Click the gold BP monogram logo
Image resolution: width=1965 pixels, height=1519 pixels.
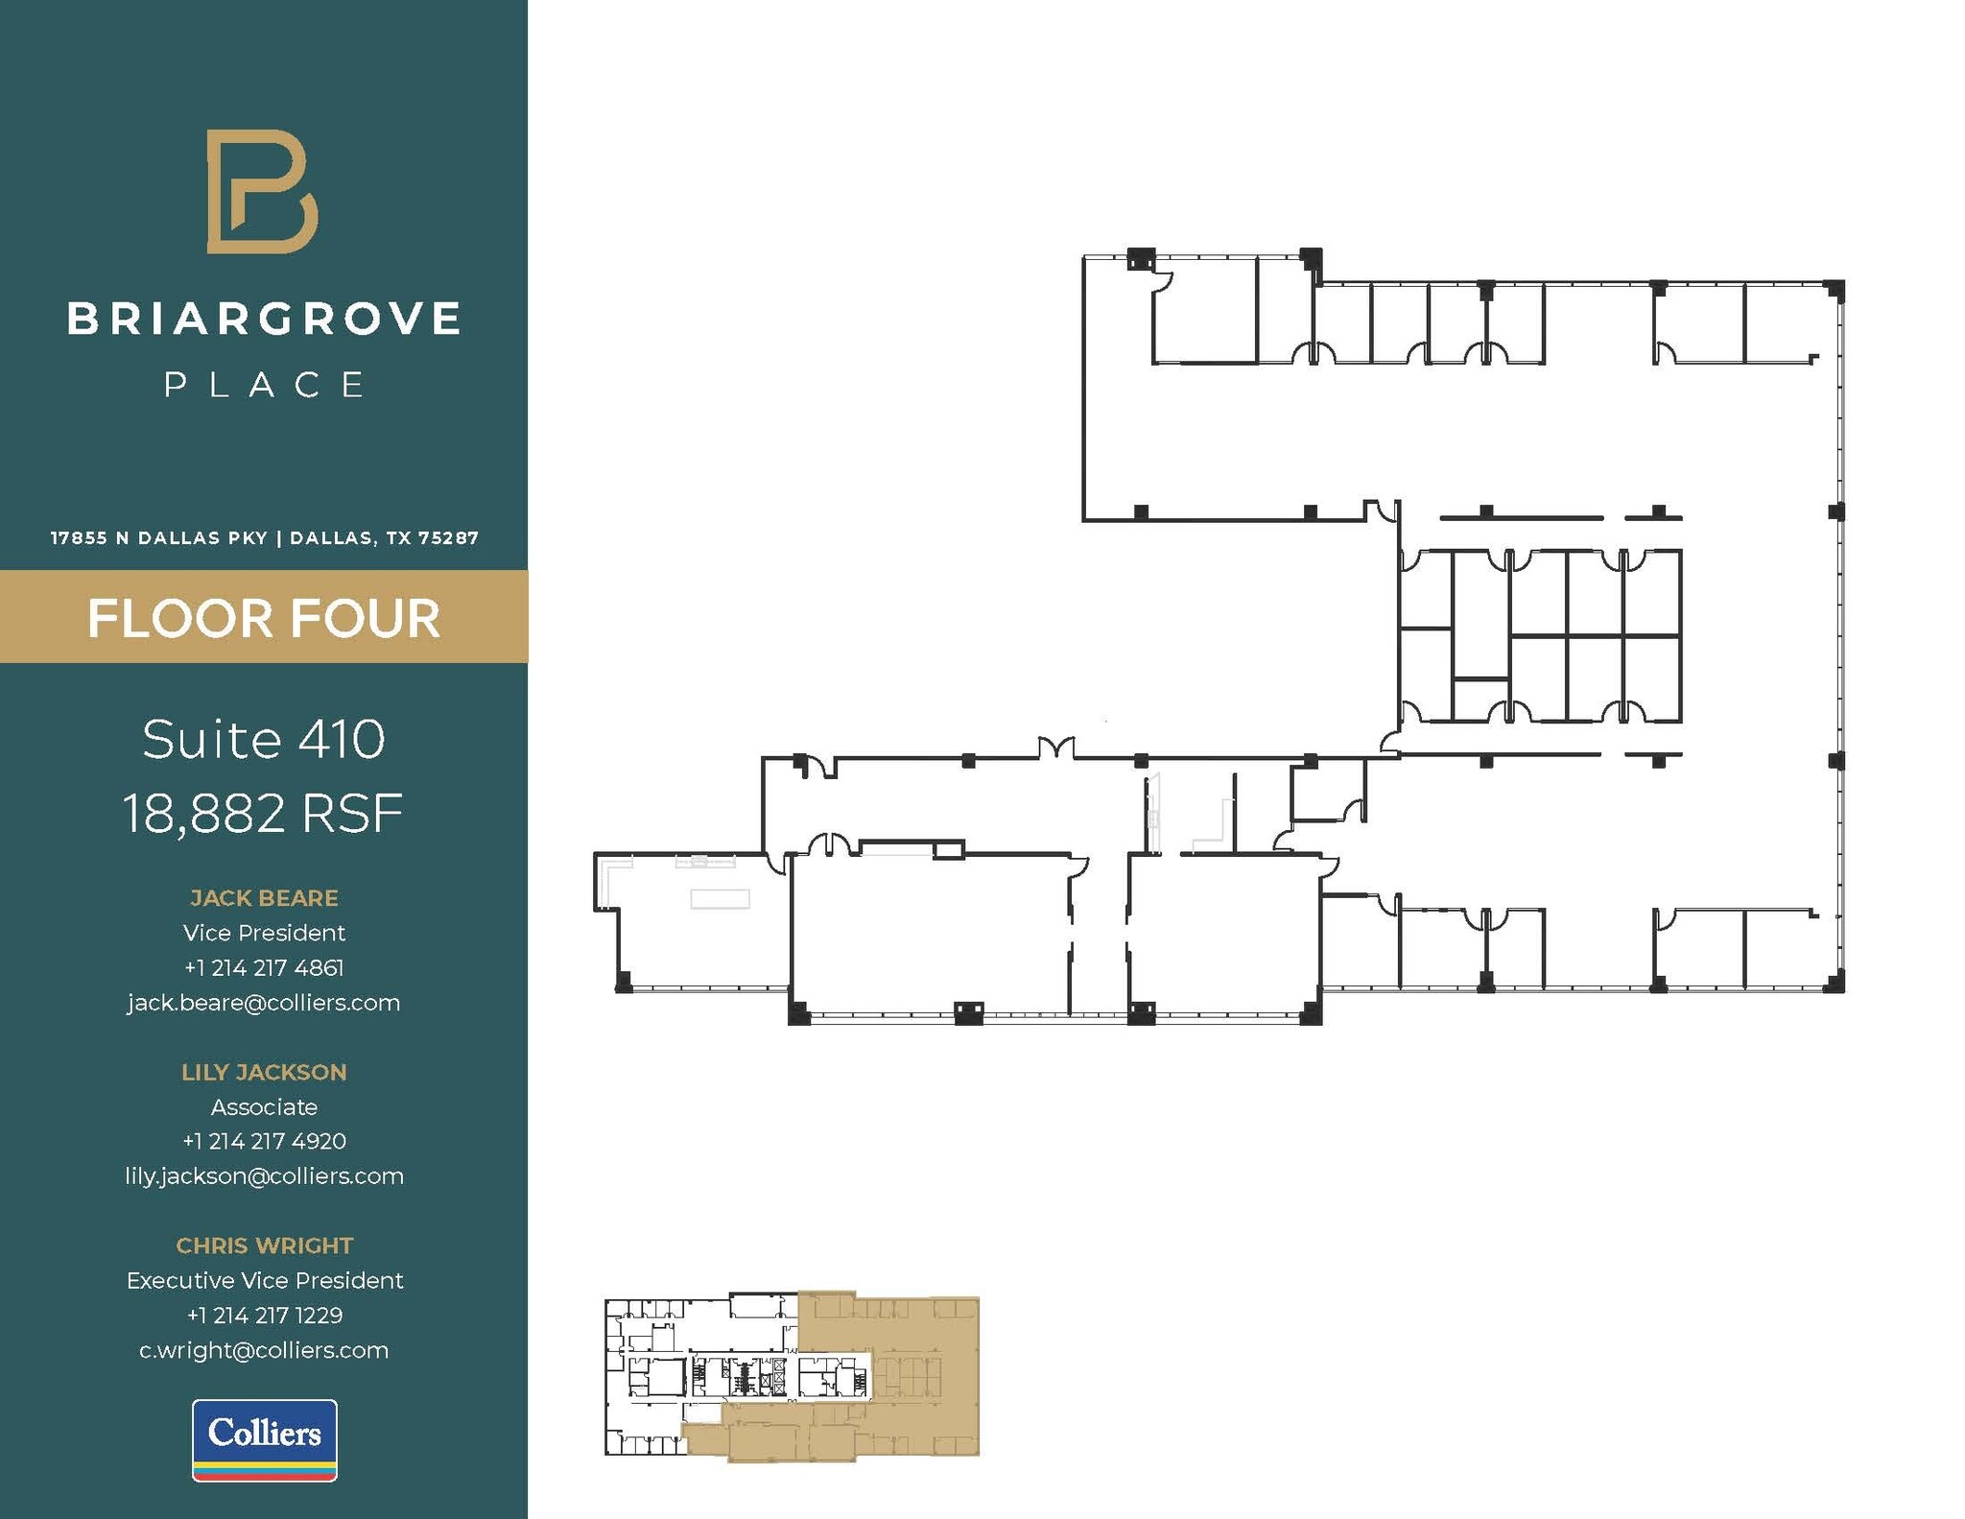coord(262,192)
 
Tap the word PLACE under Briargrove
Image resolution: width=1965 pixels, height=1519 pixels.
coord(264,385)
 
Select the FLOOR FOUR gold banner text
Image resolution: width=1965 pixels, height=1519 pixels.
coord(264,618)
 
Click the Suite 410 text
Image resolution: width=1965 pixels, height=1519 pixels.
coord(264,739)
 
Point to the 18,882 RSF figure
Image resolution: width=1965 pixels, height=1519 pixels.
coord(264,814)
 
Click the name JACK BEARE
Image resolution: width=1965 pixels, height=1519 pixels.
coord(264,898)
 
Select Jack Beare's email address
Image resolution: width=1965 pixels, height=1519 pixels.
coord(264,1003)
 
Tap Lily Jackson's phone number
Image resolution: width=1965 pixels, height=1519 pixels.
coord(264,1141)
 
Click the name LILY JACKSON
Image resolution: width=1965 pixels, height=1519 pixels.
coord(264,1072)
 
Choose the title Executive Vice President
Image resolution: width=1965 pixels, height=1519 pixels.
coord(264,1280)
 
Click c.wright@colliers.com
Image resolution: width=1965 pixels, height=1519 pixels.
coord(264,1350)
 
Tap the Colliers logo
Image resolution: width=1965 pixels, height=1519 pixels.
coord(264,1439)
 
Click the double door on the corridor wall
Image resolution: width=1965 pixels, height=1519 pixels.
coord(1055,748)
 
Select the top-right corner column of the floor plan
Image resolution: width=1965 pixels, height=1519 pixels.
coord(1835,289)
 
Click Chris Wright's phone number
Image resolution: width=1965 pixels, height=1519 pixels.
coord(264,1316)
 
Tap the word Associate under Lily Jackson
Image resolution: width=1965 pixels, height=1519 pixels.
coord(264,1106)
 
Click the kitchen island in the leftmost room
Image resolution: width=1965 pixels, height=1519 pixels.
coord(720,898)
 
